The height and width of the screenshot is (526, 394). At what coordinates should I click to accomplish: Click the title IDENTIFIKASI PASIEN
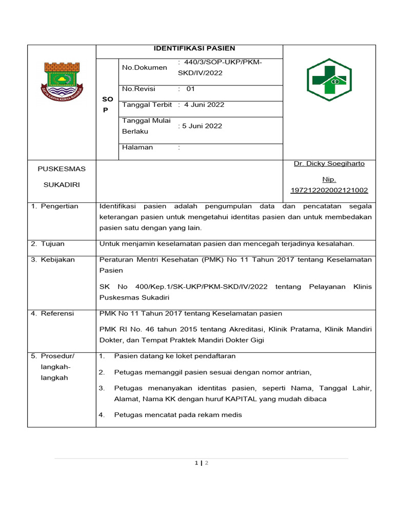194,48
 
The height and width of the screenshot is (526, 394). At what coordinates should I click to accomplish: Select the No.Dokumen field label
144,67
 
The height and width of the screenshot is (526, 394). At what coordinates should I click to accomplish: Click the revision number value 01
190,89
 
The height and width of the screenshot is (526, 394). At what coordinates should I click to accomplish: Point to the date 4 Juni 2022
204,105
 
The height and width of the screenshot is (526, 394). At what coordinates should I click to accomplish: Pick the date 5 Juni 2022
200,126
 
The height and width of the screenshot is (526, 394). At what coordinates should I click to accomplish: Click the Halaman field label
137,147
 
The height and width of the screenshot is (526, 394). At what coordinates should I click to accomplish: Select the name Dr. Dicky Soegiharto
329,164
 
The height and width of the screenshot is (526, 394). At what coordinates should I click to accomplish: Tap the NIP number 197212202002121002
329,191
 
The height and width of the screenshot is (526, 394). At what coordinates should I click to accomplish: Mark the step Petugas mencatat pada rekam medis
178,415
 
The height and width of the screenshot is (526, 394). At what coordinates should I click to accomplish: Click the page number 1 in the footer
196,463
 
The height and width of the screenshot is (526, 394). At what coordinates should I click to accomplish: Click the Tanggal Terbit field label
147,105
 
